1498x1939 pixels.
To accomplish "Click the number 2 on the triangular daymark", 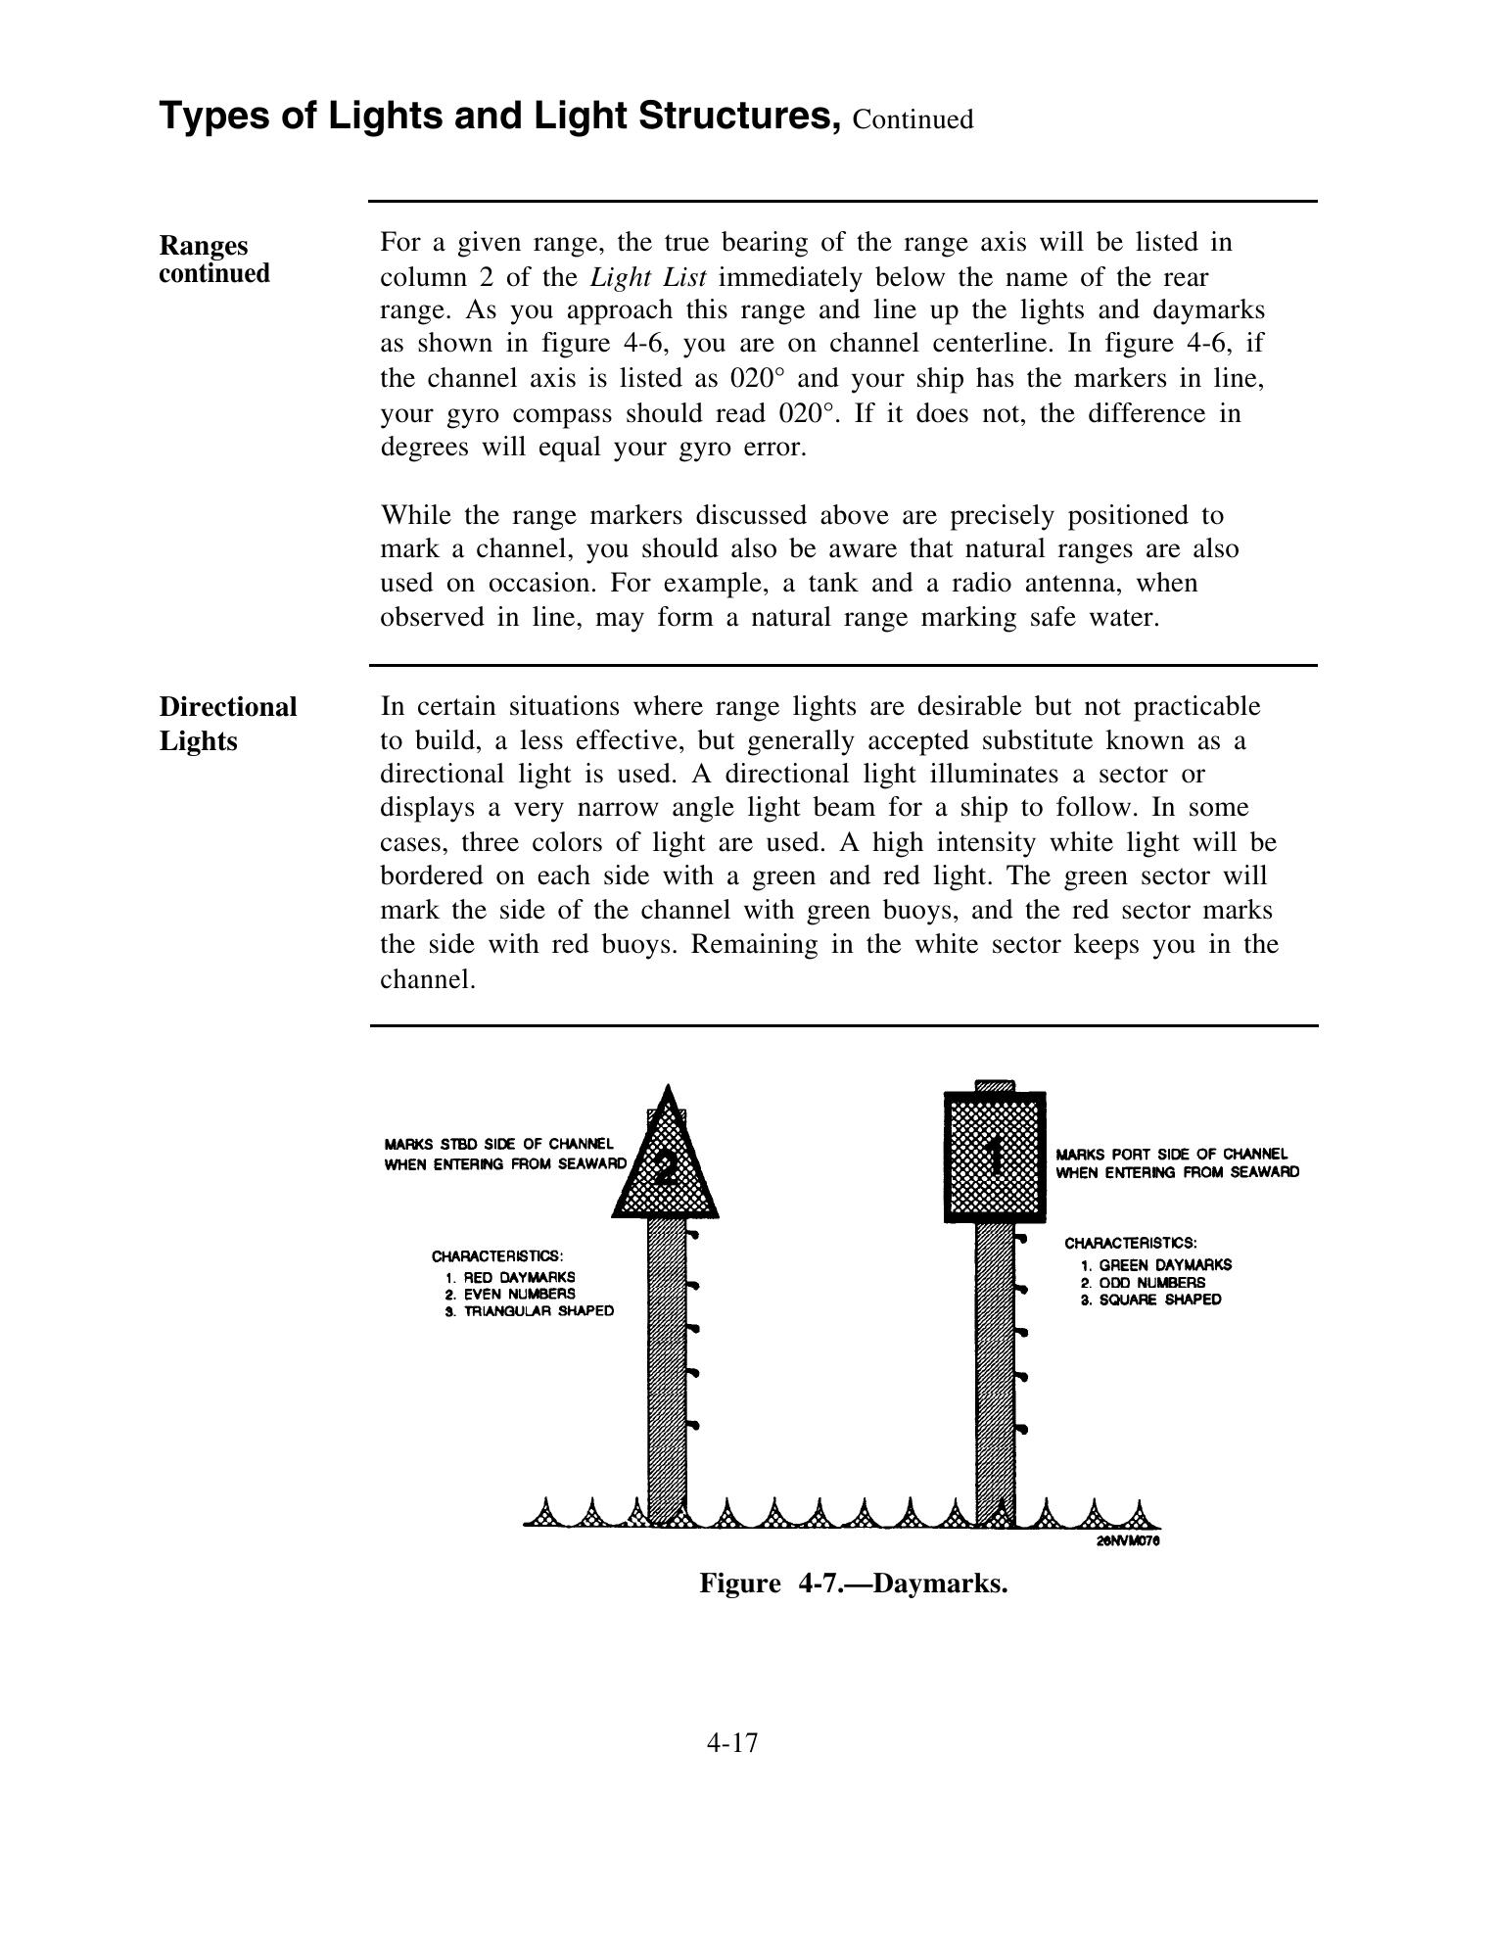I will [x=666, y=1168].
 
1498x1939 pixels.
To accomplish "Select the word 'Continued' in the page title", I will [x=913, y=119].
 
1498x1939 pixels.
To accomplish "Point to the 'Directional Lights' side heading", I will [x=227, y=724].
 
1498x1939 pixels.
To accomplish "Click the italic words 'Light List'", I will [x=648, y=276].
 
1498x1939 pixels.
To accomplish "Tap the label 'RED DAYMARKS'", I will [x=519, y=1277].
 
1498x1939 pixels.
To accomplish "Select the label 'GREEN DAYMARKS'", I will [x=1164, y=1264].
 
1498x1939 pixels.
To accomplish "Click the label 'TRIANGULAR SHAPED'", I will [x=538, y=1311].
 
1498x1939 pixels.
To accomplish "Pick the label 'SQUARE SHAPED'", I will [x=1160, y=1300].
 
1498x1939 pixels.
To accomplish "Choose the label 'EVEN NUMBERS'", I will [x=519, y=1294].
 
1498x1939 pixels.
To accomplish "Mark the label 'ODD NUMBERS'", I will [x=1151, y=1282].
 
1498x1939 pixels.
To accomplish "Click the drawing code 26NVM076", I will [x=1128, y=1540].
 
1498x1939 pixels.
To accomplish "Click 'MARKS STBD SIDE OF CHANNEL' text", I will [x=499, y=1144].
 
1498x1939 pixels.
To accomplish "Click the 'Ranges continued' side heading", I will [x=213, y=259].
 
